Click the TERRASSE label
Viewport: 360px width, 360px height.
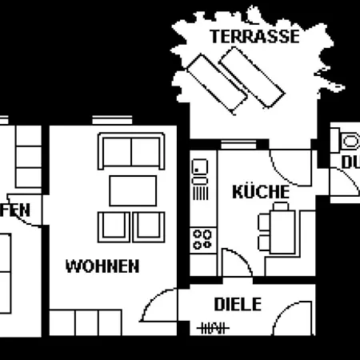click(254, 36)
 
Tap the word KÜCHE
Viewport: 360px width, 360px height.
click(260, 192)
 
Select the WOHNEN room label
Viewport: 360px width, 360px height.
click(102, 266)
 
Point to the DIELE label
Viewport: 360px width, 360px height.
click(238, 304)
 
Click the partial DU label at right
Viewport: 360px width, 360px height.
click(350, 162)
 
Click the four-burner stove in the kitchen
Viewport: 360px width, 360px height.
click(202, 238)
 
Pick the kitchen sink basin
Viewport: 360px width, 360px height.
click(201, 168)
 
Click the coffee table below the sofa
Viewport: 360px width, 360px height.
click(132, 190)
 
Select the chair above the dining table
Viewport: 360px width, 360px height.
click(282, 206)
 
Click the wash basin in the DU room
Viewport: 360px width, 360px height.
click(350, 141)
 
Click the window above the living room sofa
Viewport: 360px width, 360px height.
click(106, 120)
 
